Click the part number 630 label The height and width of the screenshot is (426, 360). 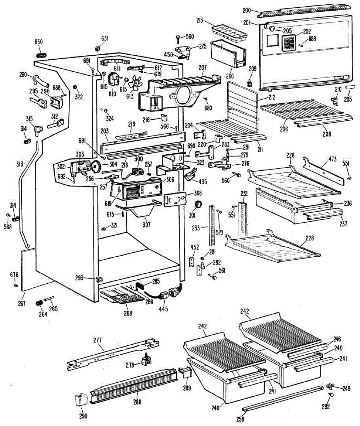pyautogui.click(x=38, y=42)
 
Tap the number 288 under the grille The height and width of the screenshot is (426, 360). pyautogui.click(x=137, y=402)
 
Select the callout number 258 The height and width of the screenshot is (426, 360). pyautogui.click(x=240, y=419)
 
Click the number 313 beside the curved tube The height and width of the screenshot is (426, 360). pyautogui.click(x=20, y=164)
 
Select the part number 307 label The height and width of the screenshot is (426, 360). pyautogui.click(x=146, y=225)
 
